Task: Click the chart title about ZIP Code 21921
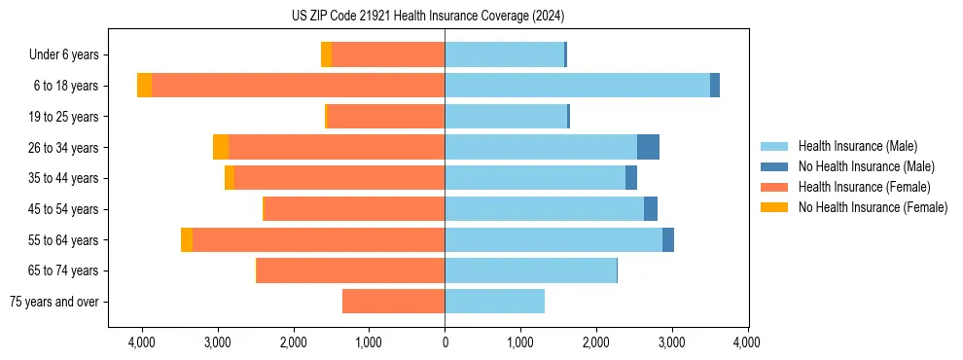pos(427,17)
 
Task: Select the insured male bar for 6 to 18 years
pos(577,86)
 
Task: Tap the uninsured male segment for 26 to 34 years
pos(648,147)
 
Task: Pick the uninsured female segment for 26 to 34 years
pos(221,147)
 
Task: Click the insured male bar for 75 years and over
pos(494,302)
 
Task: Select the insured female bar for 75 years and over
pos(393,302)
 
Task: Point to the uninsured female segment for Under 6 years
pos(326,54)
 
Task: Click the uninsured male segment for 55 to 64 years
pos(668,239)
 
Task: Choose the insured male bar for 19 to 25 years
pos(506,117)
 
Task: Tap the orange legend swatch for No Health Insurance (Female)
pos(775,207)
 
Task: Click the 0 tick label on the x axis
pos(445,342)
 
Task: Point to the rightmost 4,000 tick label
pos(747,342)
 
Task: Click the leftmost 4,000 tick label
pos(142,342)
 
